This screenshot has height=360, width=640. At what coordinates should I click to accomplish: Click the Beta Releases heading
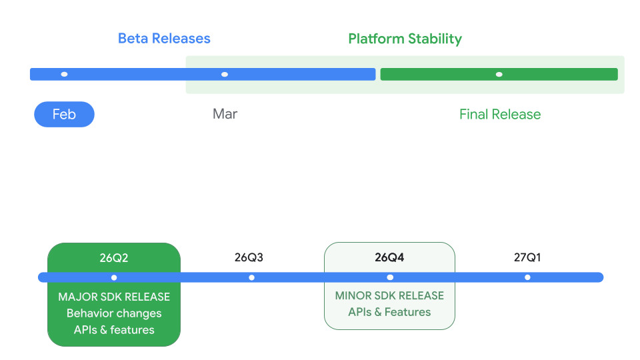(x=164, y=39)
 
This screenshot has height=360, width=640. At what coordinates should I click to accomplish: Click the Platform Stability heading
(x=405, y=39)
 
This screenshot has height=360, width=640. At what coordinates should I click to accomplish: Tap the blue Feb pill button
(x=64, y=114)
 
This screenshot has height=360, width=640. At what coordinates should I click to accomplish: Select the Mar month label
(x=225, y=114)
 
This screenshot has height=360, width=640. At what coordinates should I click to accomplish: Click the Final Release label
(x=500, y=114)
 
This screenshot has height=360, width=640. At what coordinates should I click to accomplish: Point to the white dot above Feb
(x=64, y=74)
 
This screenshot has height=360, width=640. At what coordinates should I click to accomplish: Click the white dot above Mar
(x=225, y=74)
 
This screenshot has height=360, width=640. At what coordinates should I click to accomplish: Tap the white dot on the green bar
(x=499, y=74)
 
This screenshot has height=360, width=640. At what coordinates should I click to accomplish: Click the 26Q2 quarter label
(x=114, y=258)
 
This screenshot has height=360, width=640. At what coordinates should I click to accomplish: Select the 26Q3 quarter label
(x=249, y=257)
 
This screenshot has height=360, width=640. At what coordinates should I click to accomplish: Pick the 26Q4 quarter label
(x=389, y=257)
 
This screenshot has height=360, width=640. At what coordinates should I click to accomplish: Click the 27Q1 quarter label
(x=527, y=257)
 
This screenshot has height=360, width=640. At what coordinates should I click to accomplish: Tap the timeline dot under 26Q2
(x=114, y=277)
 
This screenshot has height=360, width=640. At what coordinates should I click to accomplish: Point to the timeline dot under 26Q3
(x=251, y=277)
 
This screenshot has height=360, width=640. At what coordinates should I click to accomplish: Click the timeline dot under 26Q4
(x=390, y=277)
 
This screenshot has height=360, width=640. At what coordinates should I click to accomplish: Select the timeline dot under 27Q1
(x=527, y=277)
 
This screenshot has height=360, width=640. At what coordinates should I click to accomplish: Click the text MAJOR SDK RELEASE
(x=114, y=297)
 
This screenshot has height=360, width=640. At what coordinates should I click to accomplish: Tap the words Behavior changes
(x=114, y=313)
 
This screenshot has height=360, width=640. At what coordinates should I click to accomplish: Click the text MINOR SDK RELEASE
(x=389, y=295)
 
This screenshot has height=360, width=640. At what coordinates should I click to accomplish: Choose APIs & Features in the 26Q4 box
(x=389, y=312)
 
